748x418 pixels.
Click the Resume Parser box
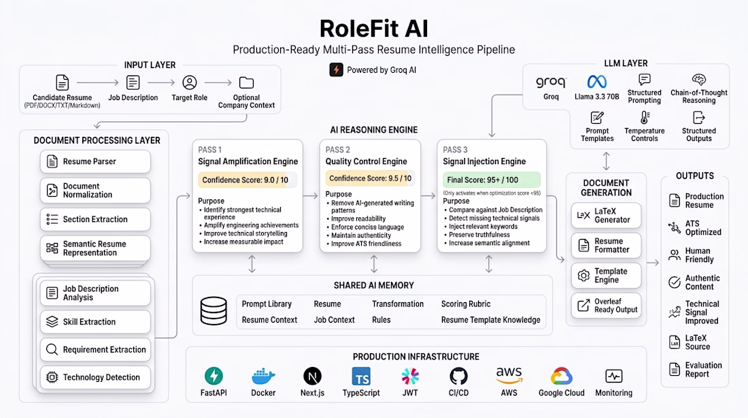(95, 161)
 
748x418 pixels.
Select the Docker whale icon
(263, 376)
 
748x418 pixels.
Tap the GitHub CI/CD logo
(458, 376)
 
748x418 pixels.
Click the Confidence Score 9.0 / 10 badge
(247, 180)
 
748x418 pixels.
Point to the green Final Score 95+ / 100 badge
(492, 180)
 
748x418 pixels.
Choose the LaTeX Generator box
(606, 215)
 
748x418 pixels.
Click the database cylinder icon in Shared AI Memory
(214, 311)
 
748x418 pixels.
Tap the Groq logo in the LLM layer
(551, 82)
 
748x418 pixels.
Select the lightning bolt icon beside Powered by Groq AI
(337, 69)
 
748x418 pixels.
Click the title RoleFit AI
(373, 28)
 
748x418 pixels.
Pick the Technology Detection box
(95, 377)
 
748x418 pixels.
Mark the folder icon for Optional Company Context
(246, 82)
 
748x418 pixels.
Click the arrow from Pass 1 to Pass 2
(311, 195)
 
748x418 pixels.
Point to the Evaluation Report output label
(703, 370)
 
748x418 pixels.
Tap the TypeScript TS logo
(361, 376)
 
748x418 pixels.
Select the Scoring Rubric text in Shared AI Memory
(466, 304)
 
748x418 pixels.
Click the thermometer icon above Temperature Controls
(645, 118)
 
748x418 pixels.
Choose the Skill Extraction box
(95, 322)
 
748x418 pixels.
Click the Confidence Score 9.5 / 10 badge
(370, 178)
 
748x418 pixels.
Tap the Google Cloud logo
(562, 376)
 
